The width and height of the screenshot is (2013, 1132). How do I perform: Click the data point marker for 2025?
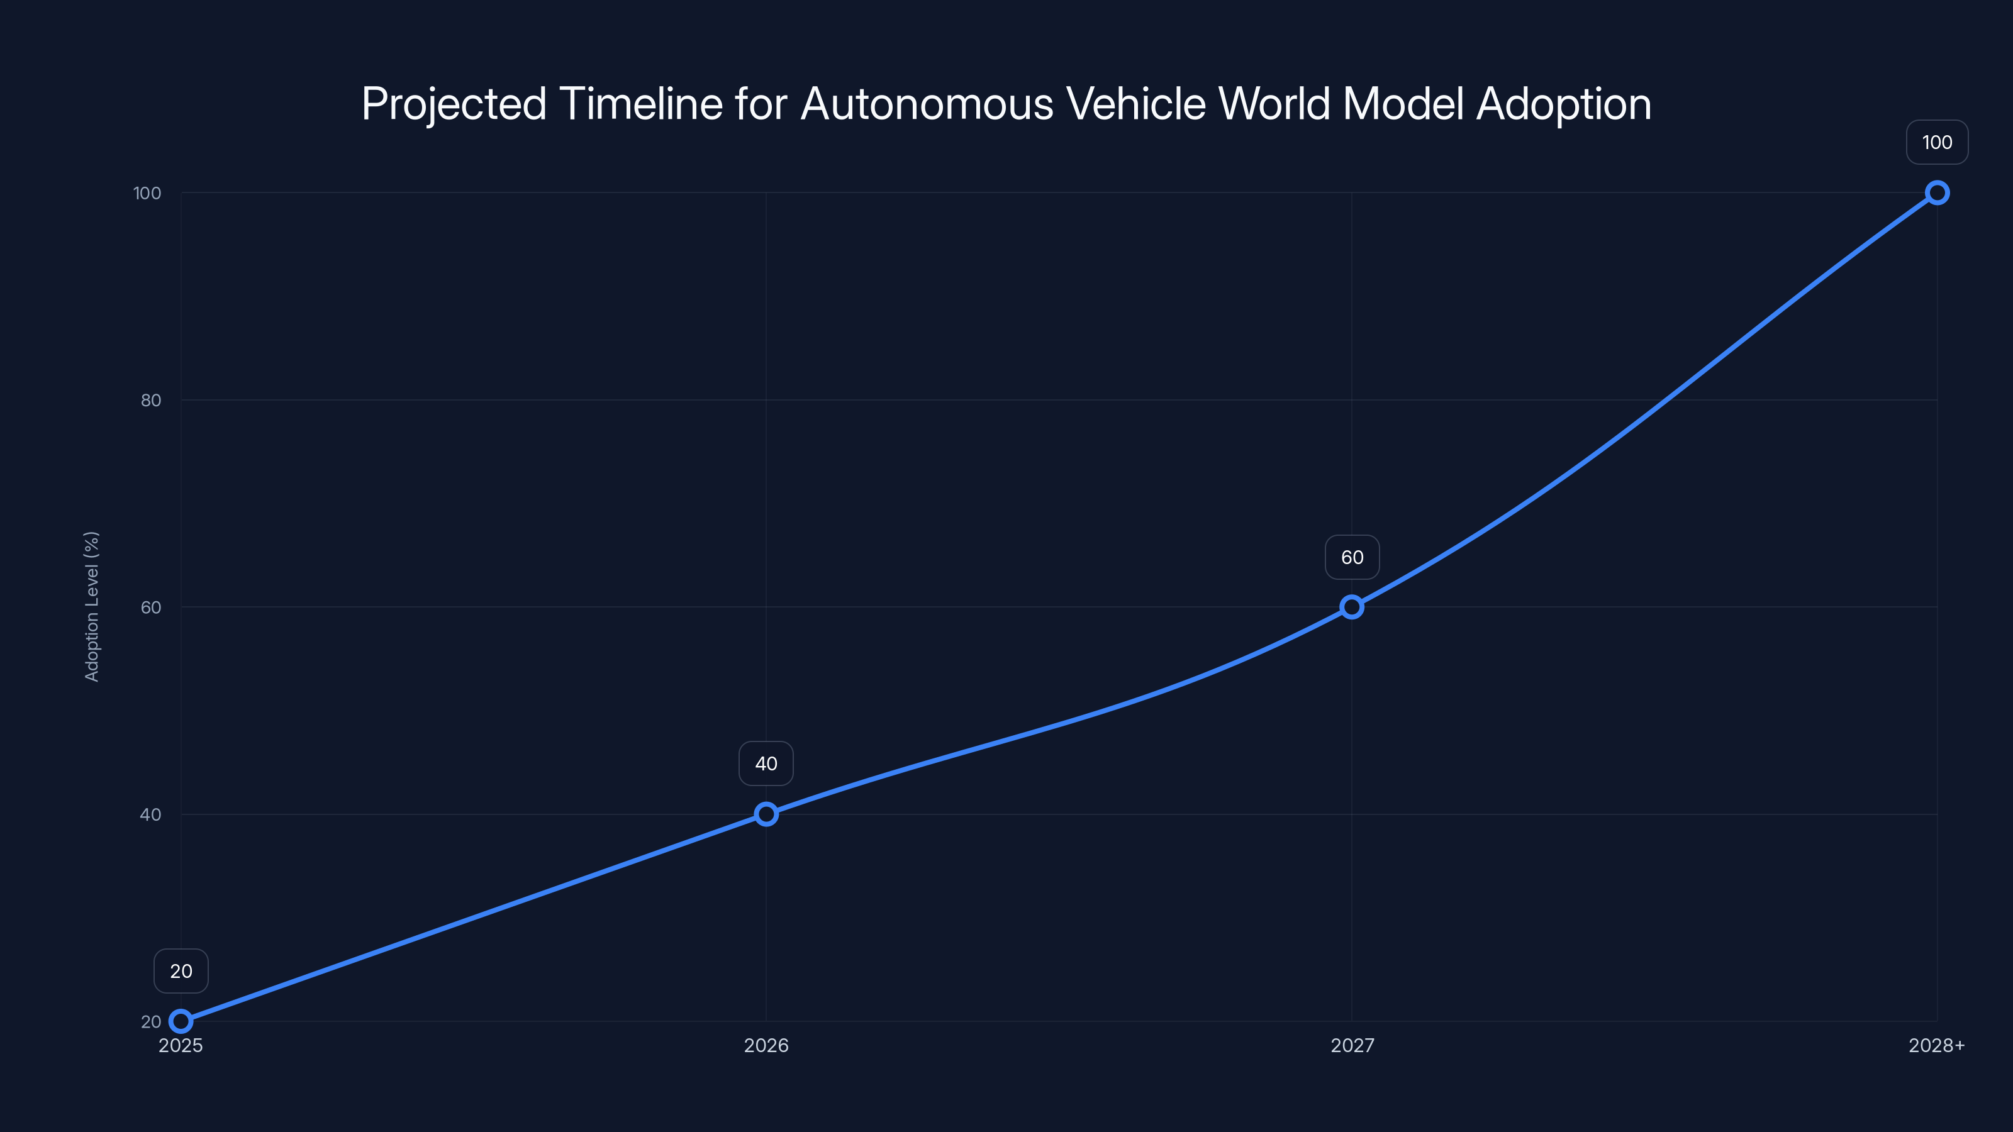pos(181,1021)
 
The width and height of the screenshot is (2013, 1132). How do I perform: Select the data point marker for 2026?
pos(766,814)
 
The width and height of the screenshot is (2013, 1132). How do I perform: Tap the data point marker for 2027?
pos(1352,607)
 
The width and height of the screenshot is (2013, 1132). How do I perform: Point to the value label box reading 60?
pos(1352,557)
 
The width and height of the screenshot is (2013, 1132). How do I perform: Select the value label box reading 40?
pos(766,763)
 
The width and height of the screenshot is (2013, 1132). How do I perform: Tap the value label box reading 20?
pos(181,971)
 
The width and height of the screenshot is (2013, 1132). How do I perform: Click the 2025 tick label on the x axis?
pos(181,1046)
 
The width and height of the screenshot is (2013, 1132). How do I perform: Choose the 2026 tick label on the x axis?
pos(766,1046)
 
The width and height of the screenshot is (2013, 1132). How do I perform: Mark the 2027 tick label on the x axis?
pos(1352,1046)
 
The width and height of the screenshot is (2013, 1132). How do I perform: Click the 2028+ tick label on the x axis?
pos(1936,1046)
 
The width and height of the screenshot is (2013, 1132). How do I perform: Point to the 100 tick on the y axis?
pos(147,193)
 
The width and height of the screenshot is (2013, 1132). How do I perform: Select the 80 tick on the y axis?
pos(151,400)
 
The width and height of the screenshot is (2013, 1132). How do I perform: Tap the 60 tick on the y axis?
pos(151,607)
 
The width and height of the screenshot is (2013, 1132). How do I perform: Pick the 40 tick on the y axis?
pos(151,814)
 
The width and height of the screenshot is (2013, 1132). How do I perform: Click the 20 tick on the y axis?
pos(151,1021)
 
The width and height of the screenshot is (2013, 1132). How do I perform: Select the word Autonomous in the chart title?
pos(927,104)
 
